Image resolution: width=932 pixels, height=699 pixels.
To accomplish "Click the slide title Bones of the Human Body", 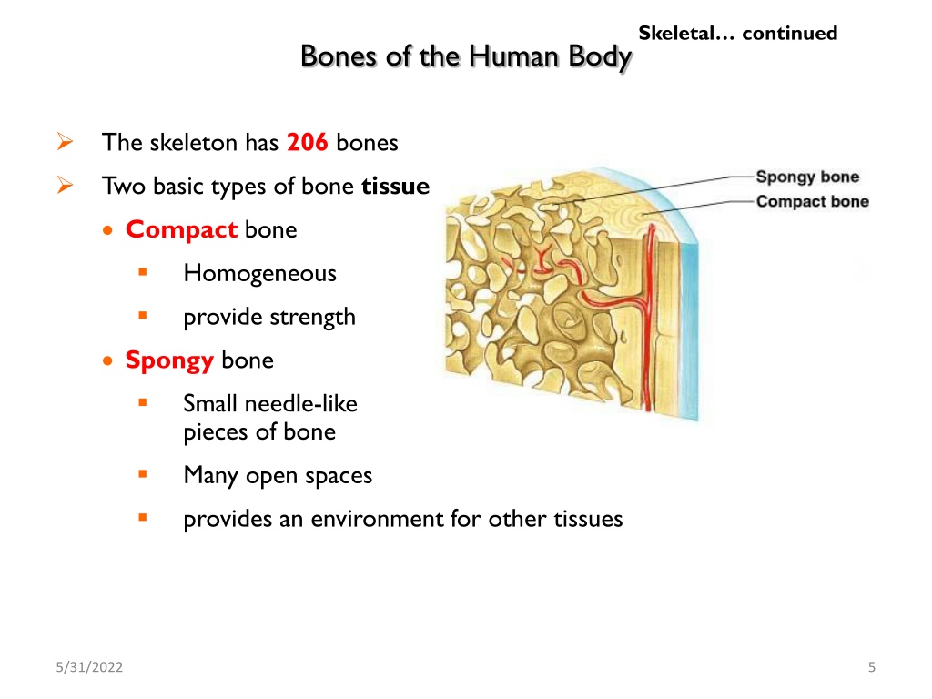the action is pos(466,57).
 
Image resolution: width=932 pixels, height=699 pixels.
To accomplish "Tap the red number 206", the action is pos(308,143).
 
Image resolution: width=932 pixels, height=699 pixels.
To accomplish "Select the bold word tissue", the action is pos(395,186).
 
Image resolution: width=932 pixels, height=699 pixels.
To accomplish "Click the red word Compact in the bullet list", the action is pos(181,230).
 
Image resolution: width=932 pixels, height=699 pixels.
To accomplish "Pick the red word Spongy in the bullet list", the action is pos(169,360).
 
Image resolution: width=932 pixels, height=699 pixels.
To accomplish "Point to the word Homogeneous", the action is pos(259,273).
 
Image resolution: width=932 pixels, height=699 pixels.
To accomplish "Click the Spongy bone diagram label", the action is pos(807,177).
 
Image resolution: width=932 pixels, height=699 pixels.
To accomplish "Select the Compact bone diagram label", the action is pos(813,201).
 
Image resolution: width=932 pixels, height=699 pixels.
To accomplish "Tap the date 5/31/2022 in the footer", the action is pos(89,667).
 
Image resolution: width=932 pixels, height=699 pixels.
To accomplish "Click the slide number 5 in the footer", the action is pos(871,667).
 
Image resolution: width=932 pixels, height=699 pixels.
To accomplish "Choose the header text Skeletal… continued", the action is pos(737,33).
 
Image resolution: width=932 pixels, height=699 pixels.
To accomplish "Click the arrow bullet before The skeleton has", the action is pos(66,142).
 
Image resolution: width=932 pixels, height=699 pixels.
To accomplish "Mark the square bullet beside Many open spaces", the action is pos(143,474).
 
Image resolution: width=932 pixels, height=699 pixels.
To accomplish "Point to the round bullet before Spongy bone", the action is pos(107,360).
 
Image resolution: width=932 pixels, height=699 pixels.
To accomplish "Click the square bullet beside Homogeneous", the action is pos(143,272).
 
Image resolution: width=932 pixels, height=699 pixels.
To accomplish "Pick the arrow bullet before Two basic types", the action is pos(66,186).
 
